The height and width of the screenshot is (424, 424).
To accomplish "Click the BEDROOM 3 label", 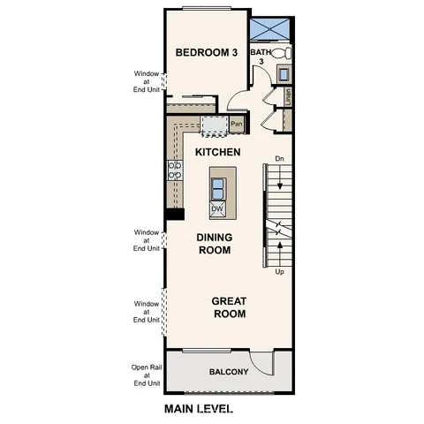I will pos(207,53).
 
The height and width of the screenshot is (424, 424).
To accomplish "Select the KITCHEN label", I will pos(217,153).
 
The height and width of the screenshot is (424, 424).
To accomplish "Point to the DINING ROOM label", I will pos(214,244).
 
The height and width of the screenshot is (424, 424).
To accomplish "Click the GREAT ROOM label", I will pos(228,307).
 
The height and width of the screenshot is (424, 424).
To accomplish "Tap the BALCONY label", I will pos(228,372).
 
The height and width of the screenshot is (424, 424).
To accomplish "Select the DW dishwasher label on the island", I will pos(217,209).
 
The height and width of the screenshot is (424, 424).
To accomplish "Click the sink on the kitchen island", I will pos(217,186).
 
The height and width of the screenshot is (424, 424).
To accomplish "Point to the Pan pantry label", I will pos(236,125).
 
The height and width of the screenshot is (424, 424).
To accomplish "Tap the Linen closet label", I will pos(289,95).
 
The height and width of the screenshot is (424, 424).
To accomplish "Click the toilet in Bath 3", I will pos(282,53).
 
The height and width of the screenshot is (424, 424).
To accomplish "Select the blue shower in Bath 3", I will pos(270,29).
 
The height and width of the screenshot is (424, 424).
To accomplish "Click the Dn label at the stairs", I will pos(279,159).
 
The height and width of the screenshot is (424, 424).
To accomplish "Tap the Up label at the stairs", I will pos(279,272).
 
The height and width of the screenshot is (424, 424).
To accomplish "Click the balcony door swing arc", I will pos(259,362).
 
